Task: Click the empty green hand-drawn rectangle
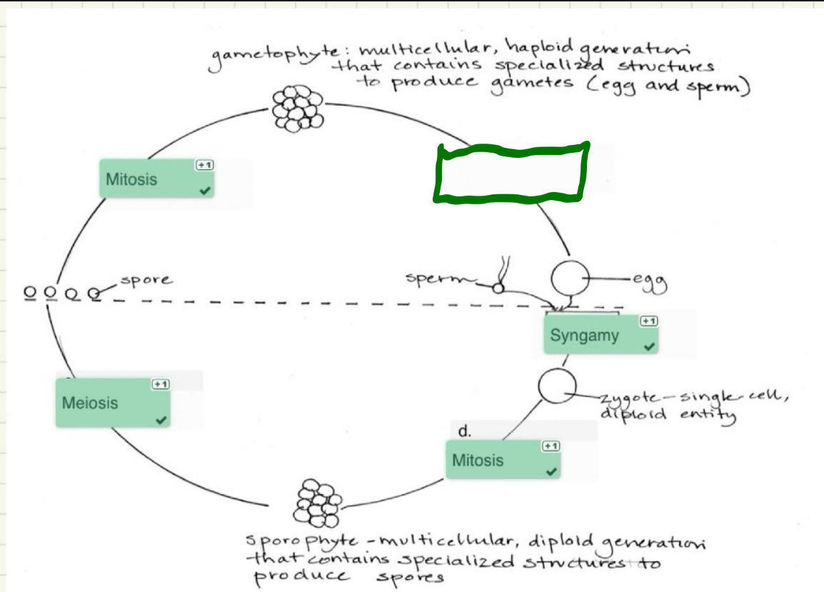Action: (x=512, y=171)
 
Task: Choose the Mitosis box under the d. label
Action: (x=503, y=460)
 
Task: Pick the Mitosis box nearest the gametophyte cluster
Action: (x=156, y=179)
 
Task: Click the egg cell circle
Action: (x=570, y=278)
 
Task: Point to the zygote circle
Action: (x=556, y=388)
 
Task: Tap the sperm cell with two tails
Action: (x=498, y=287)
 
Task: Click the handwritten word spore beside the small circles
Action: (x=146, y=280)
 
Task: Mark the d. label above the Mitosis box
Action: (x=465, y=431)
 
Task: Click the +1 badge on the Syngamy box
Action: (x=648, y=321)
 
